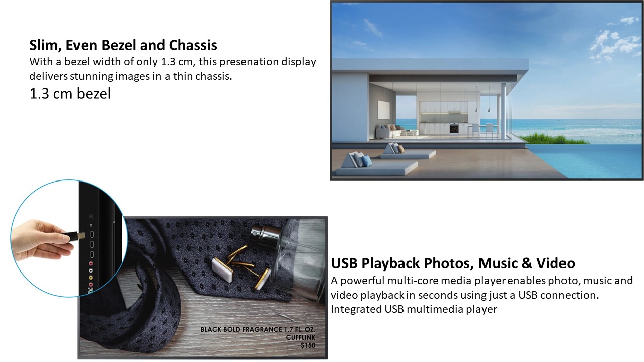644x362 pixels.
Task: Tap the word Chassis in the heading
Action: (x=193, y=45)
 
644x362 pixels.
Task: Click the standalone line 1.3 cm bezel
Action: (x=70, y=94)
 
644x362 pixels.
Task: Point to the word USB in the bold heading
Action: (x=344, y=263)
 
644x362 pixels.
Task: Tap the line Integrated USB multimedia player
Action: (x=414, y=309)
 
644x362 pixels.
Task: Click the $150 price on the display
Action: (x=308, y=345)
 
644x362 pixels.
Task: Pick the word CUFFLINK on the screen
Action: (x=301, y=337)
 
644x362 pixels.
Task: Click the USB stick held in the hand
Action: (x=73, y=236)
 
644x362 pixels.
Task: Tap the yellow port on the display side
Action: (x=91, y=278)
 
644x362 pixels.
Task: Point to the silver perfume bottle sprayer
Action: (x=264, y=234)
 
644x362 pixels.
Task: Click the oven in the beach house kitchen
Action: (x=454, y=128)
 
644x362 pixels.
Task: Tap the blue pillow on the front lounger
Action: (x=366, y=161)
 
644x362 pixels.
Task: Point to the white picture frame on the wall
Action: (x=383, y=110)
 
